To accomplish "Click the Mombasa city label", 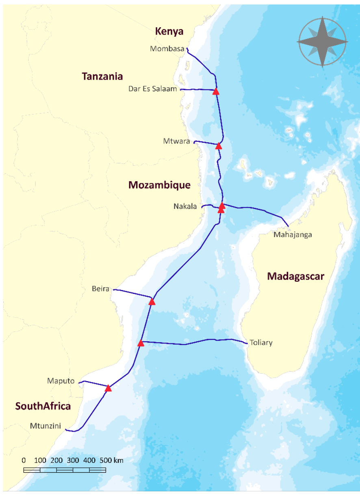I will click(167, 49).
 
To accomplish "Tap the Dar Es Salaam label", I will click(152, 89).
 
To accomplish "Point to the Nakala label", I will click(185, 206).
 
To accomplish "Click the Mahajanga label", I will click(293, 235).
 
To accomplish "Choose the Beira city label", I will click(101, 289).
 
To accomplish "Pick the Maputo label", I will click(61, 381).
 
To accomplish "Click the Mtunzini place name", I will click(46, 426).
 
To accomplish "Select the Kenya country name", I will click(169, 31).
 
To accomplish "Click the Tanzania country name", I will click(102, 76).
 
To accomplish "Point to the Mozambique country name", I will click(159, 185).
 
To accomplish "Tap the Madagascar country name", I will click(295, 276).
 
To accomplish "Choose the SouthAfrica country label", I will click(43, 406).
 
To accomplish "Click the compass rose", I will click(323, 41).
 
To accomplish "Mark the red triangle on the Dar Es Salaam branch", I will click(216, 91).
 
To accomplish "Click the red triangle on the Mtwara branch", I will click(219, 145).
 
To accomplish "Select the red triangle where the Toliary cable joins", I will click(141, 343).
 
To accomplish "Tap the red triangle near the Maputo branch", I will click(108, 388).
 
